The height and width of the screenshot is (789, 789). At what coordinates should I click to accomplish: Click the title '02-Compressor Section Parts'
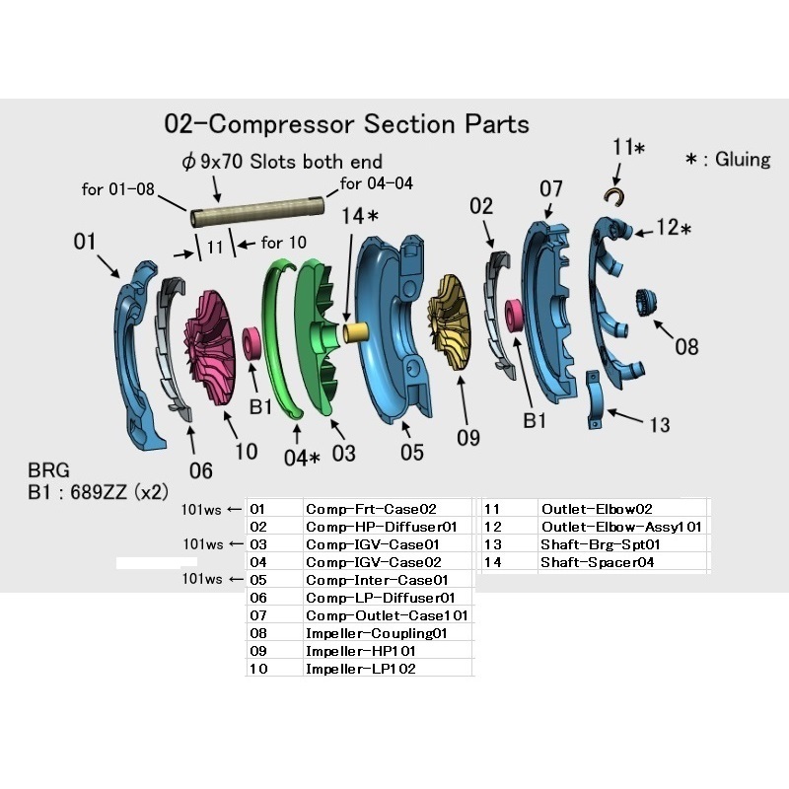(346, 124)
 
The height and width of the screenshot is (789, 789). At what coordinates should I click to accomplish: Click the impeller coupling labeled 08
(646, 305)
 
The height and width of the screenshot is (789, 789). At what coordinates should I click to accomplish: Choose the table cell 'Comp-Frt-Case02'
(371, 509)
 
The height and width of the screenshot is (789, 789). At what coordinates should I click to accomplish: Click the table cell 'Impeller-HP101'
(360, 651)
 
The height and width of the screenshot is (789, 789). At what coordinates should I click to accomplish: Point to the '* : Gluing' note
(728, 160)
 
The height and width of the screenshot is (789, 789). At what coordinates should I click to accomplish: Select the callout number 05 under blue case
(411, 452)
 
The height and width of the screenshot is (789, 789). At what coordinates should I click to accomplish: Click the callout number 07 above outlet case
(550, 189)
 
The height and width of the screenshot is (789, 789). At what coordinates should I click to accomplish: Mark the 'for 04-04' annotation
(377, 182)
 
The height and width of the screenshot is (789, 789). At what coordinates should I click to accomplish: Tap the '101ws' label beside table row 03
(204, 544)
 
